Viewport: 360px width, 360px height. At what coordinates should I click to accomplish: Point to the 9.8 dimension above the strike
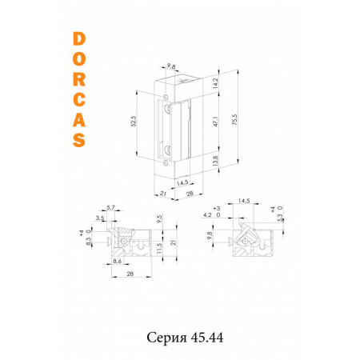pos(170,67)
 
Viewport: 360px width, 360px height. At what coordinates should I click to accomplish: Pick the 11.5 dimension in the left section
pos(159,250)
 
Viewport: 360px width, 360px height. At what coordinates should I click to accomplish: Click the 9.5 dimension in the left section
pos(159,218)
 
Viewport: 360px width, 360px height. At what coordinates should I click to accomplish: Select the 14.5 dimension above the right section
pos(245,201)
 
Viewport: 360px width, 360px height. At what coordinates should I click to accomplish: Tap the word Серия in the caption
pos(165,337)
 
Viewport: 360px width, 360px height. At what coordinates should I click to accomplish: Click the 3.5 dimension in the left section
pos(100,217)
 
